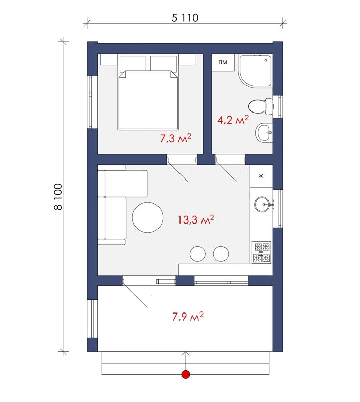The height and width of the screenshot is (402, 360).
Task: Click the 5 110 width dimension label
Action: [185, 18]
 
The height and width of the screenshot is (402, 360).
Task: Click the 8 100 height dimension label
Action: [58, 196]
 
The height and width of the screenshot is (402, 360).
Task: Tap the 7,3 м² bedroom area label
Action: [175, 138]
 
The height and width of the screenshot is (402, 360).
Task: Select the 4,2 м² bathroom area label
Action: [233, 120]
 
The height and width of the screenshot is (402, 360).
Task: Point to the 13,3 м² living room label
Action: [196, 219]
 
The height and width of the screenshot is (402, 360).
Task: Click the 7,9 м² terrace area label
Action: [188, 317]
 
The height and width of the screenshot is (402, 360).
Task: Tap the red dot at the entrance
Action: [186, 374]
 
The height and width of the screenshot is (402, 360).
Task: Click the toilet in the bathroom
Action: [260, 106]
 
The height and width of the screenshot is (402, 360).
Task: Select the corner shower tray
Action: [255, 70]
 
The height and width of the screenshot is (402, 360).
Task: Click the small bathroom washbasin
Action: [263, 132]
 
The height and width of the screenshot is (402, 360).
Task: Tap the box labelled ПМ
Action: [223, 62]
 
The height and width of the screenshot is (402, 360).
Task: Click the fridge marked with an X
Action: [261, 176]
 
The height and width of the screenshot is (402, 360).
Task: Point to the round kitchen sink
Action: [263, 205]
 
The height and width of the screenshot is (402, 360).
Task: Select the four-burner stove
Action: [261, 253]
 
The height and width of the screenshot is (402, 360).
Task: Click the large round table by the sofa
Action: [148, 217]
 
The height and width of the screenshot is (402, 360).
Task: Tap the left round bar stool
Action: [197, 254]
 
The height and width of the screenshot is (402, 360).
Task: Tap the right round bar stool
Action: [221, 254]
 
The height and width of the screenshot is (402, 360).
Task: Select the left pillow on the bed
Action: [132, 63]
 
